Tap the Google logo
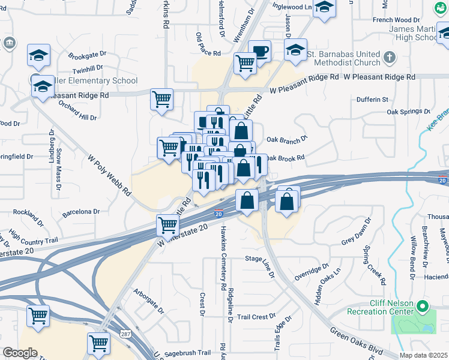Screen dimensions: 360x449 [x=20, y=353]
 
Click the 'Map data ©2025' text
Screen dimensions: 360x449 [x=424, y=355]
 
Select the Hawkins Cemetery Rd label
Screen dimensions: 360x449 [x=223, y=259]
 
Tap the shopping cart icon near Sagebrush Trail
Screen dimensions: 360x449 [x=98, y=343]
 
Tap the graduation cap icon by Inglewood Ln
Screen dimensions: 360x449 [x=324, y=8]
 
